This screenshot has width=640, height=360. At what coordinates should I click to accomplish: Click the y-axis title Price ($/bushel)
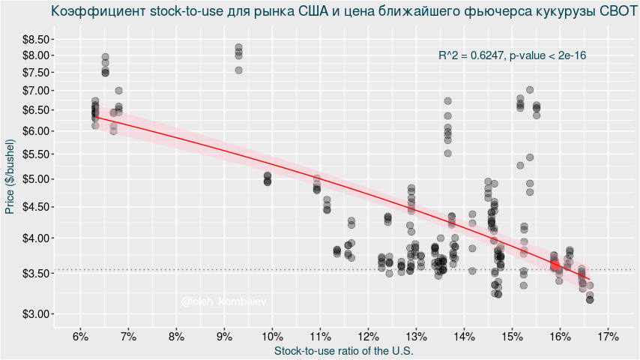(10, 177)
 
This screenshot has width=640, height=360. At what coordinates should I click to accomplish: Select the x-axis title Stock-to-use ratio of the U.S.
(344, 350)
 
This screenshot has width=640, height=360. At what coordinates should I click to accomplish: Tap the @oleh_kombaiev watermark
(223, 301)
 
